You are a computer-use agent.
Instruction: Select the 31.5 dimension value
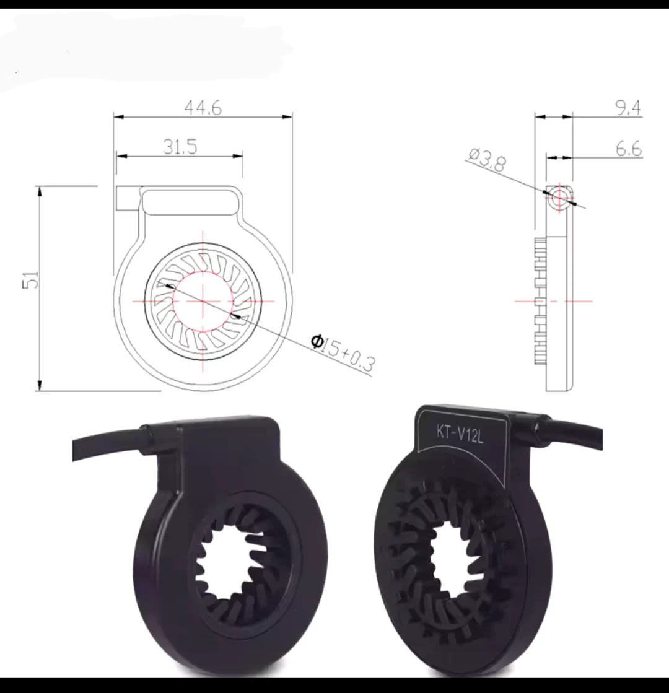click(x=180, y=147)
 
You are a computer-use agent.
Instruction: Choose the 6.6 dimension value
click(x=628, y=149)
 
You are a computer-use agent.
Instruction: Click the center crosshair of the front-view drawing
click(x=203, y=301)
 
